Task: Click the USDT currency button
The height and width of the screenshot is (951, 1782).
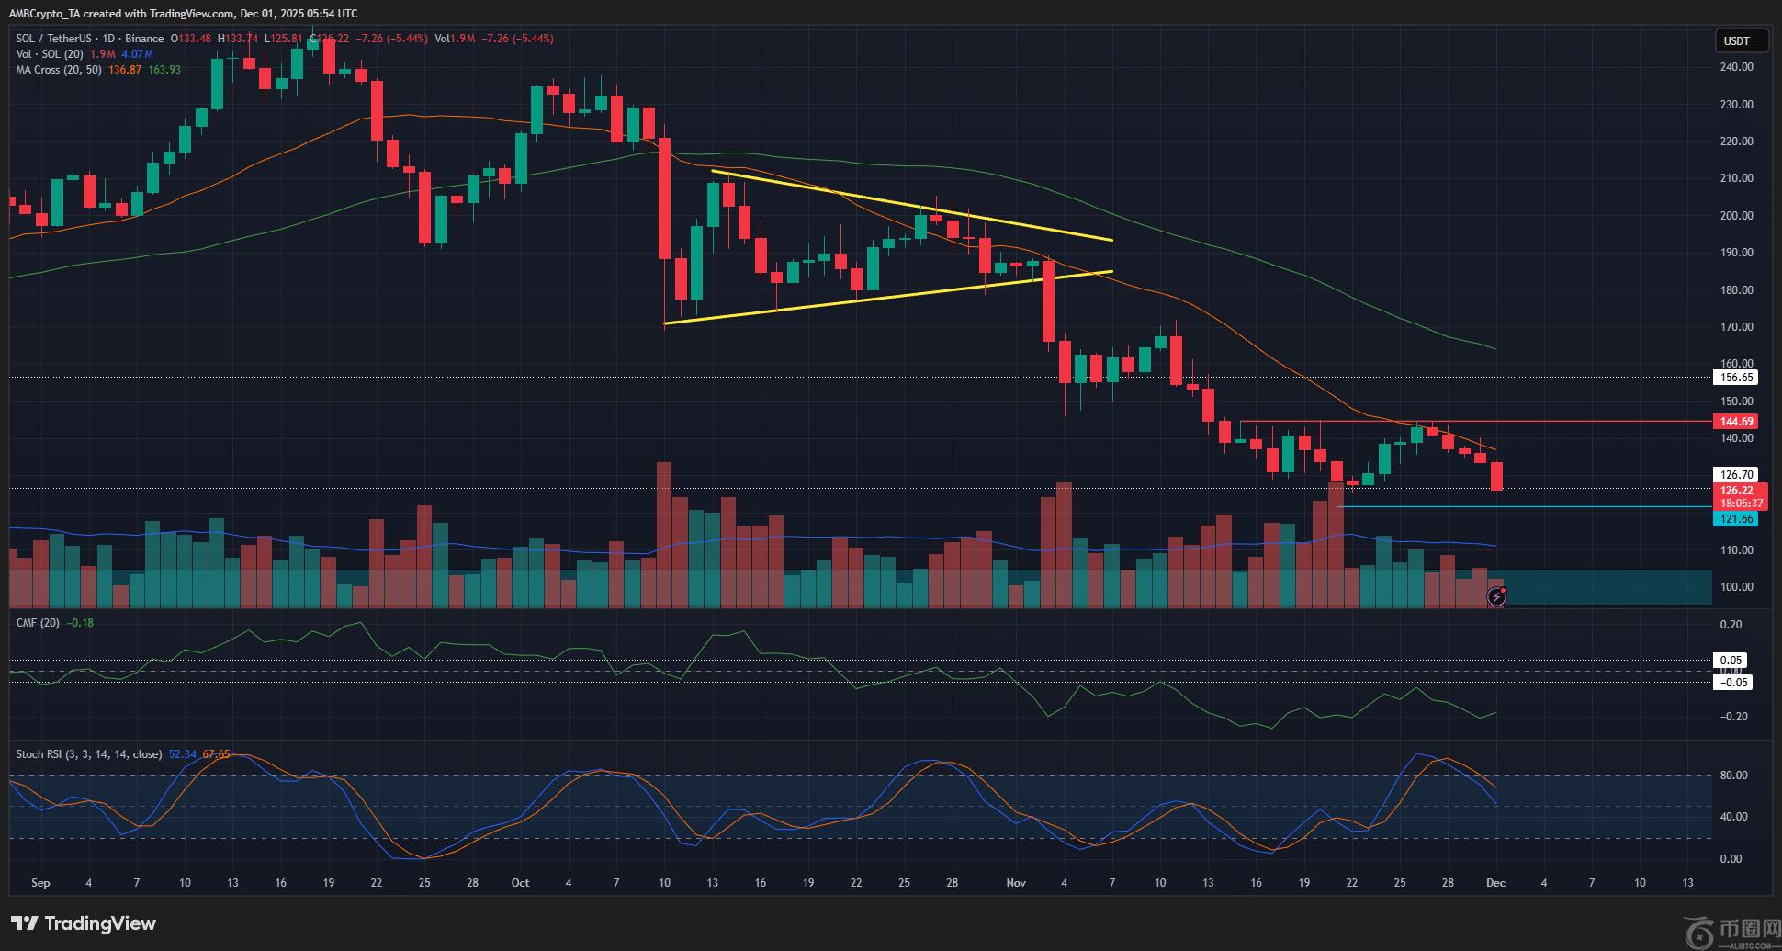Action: (x=1736, y=40)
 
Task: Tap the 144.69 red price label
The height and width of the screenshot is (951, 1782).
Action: (x=1736, y=422)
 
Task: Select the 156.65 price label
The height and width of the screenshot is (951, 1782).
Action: (x=1736, y=378)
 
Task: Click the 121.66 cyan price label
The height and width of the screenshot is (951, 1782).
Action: (x=1736, y=519)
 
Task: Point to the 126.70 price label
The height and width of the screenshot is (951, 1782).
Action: (x=1736, y=475)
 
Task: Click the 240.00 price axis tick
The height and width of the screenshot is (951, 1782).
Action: (x=1735, y=67)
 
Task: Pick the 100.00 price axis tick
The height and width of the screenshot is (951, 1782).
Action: (x=1735, y=587)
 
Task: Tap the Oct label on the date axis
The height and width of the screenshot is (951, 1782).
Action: (x=521, y=883)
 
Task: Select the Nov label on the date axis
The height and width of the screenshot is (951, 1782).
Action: (x=1016, y=883)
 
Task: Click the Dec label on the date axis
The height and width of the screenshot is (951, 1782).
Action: (x=1495, y=883)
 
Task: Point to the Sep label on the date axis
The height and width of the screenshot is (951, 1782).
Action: (x=40, y=883)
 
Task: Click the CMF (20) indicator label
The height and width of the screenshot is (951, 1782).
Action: (x=39, y=623)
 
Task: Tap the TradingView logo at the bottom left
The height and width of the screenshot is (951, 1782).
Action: (x=84, y=923)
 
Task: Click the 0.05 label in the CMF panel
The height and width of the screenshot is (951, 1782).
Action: (x=1731, y=661)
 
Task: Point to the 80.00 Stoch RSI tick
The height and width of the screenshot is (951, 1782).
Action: (x=1731, y=776)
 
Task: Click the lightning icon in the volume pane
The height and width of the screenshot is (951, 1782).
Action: (x=1496, y=597)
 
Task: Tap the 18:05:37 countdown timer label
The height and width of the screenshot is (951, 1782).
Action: (x=1742, y=504)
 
